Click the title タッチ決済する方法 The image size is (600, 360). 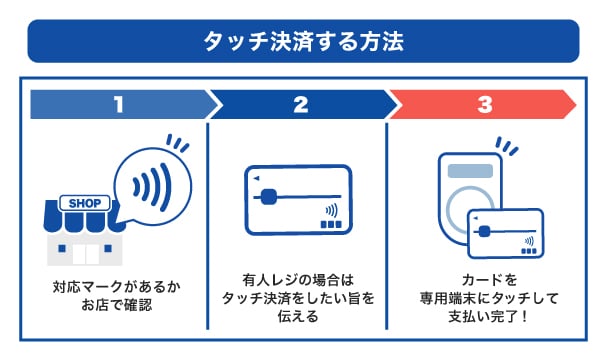click(x=299, y=42)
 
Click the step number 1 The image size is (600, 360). click(x=118, y=104)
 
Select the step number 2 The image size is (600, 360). click(x=301, y=104)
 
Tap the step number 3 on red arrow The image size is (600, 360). click(x=484, y=104)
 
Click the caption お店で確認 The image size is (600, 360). click(x=118, y=306)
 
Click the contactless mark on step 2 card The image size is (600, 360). click(x=330, y=212)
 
